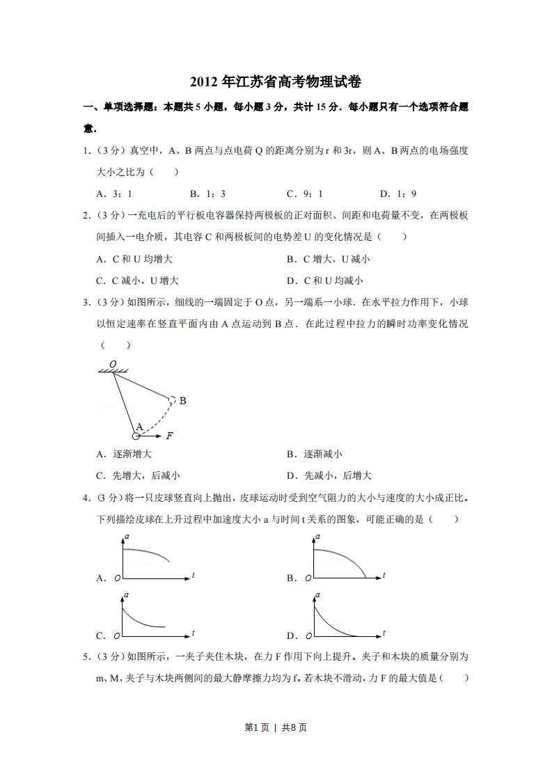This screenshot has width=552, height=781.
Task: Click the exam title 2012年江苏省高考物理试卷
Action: [x=276, y=82]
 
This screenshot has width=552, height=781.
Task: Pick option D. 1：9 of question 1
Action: [x=397, y=194]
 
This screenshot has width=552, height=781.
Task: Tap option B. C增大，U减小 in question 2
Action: [x=328, y=259]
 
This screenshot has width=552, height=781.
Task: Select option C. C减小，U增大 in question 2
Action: [x=137, y=281]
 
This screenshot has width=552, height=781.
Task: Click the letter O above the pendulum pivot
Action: [x=113, y=363]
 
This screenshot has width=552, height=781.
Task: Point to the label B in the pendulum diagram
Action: [x=182, y=401]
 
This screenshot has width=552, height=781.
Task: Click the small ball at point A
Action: [x=136, y=436]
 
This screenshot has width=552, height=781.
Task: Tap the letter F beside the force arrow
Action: [x=169, y=436]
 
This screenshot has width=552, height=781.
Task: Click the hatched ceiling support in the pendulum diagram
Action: [x=115, y=371]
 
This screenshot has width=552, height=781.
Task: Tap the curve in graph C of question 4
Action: [x=139, y=620]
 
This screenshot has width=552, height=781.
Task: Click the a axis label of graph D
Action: [x=317, y=594]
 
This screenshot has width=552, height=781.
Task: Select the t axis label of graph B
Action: [x=384, y=575]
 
